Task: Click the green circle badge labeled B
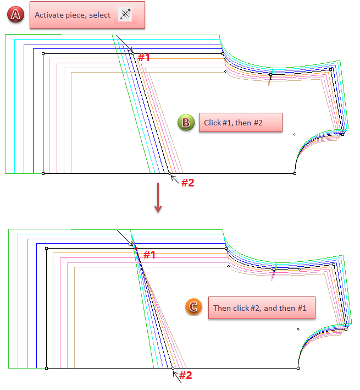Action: [185, 122]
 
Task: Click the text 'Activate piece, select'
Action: [73, 15]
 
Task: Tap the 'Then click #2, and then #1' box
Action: [261, 308]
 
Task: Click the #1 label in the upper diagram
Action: [143, 57]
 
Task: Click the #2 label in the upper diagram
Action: [187, 183]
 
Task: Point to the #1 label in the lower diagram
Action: [149, 255]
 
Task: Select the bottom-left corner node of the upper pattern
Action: [43, 173]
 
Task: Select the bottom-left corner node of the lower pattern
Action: [46, 367]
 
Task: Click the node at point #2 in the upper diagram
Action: [170, 174]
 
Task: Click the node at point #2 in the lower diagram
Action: [173, 367]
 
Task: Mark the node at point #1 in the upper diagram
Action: [132, 53]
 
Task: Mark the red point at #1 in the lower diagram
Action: [136, 249]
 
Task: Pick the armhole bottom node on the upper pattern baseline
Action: [295, 173]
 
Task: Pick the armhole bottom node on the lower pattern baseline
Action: [298, 367]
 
